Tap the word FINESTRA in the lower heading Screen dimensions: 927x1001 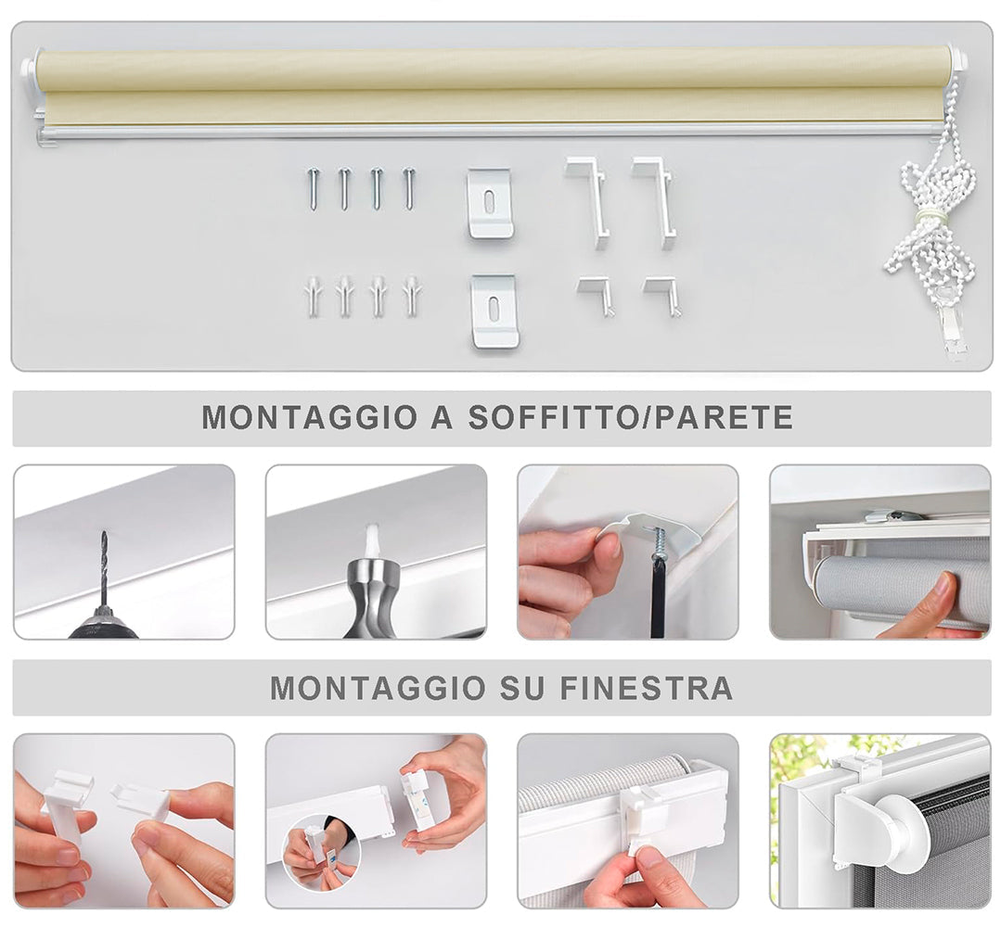[x=646, y=689]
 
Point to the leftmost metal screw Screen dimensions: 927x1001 [x=314, y=188]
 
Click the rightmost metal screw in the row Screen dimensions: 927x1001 [x=408, y=188]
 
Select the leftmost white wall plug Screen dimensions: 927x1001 [x=313, y=297]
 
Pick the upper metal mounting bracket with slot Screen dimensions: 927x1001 [x=490, y=204]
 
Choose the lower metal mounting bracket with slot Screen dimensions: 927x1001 [x=494, y=311]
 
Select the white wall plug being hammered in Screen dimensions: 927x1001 [x=373, y=541]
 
